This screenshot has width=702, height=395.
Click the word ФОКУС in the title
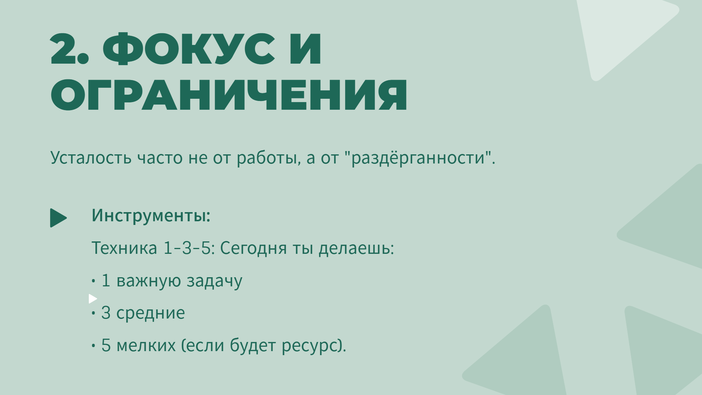tap(189, 49)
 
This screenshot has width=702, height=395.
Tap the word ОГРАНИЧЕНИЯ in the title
tap(229, 94)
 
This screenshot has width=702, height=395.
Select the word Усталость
tap(91, 158)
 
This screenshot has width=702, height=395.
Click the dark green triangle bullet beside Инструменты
tap(58, 218)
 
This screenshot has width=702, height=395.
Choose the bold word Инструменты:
tap(151, 215)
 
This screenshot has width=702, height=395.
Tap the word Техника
tap(124, 248)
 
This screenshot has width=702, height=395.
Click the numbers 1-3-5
tap(187, 248)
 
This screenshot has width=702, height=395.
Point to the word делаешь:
tap(356, 248)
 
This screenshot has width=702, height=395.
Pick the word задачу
tap(214, 281)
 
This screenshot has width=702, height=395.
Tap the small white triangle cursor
tap(93, 299)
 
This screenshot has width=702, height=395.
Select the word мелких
tap(146, 345)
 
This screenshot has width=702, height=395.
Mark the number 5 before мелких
tap(106, 345)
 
